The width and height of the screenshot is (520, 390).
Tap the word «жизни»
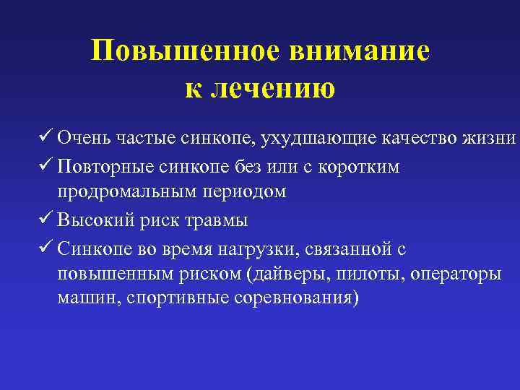(493, 137)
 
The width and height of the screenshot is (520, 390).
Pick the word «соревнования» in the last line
(293, 298)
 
